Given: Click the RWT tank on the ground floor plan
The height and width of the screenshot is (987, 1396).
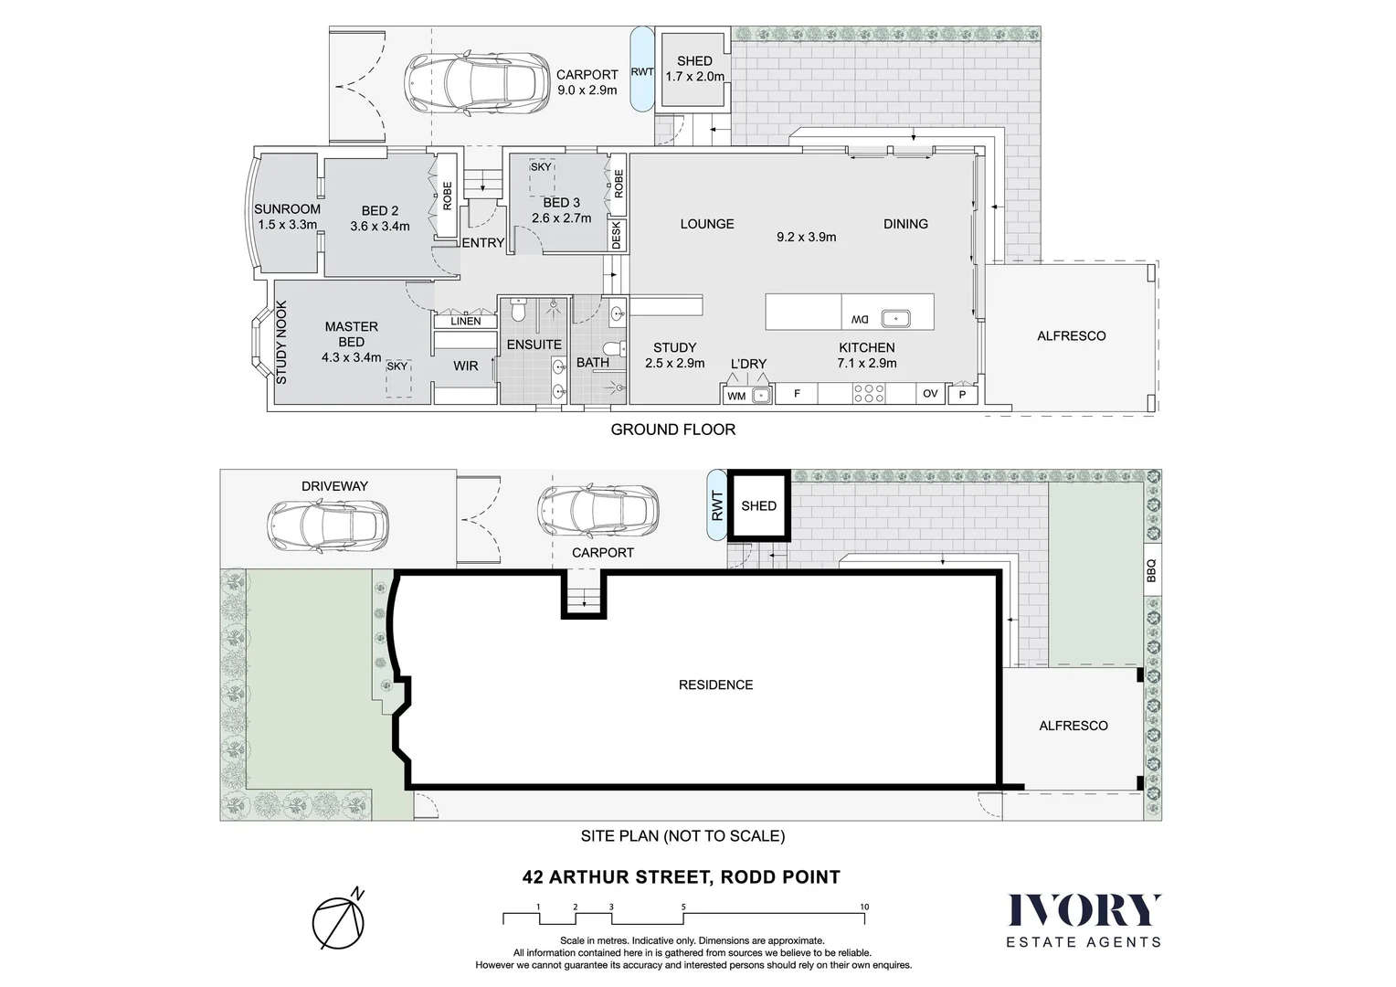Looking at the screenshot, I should (642, 71).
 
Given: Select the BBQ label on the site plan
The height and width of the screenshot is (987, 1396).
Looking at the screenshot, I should (1151, 570).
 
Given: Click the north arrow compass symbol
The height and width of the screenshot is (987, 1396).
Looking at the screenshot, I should (339, 921).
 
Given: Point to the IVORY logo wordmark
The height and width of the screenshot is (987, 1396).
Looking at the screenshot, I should (1084, 910).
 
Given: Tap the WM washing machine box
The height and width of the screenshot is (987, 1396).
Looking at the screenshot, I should (735, 396).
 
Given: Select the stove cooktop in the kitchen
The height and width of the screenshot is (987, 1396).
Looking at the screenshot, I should (868, 393).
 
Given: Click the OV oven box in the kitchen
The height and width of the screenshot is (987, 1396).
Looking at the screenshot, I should (930, 394).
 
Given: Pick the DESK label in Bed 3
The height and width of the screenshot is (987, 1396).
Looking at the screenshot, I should (616, 236).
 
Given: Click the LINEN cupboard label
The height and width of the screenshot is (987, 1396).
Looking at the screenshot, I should (465, 322).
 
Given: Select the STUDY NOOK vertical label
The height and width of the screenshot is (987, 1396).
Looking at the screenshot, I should (281, 343).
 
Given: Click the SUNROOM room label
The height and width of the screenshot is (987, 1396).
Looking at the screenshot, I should (287, 209).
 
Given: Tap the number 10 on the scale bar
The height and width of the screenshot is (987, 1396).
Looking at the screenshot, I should (864, 907).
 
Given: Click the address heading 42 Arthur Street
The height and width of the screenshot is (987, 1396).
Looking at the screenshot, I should (681, 877).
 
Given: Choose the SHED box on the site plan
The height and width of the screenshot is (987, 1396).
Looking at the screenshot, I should (758, 505).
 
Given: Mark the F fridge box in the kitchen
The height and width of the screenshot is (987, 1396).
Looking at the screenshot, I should (797, 394).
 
